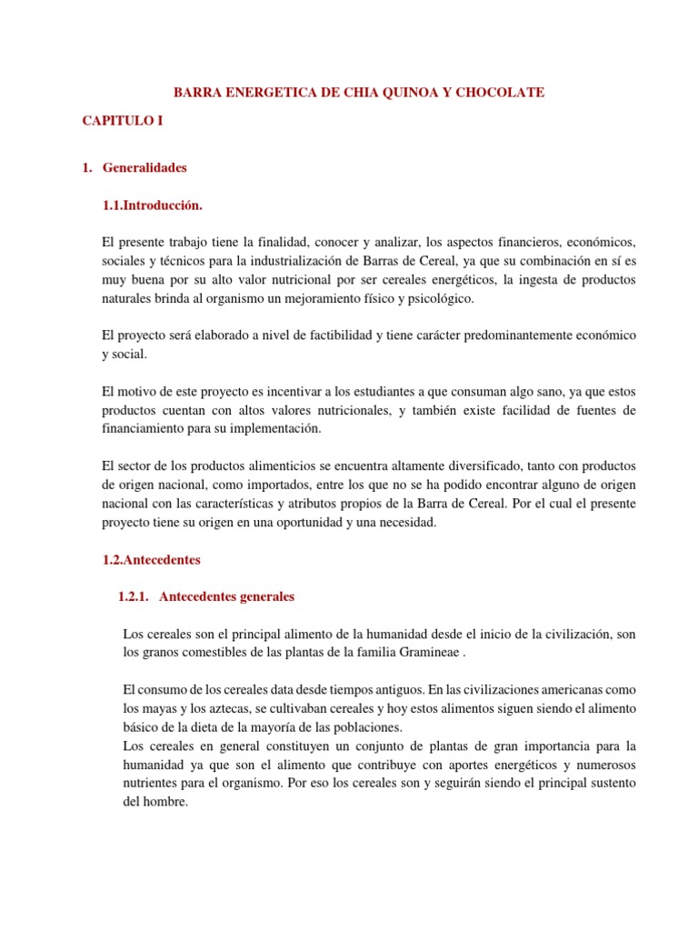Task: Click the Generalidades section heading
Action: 145,168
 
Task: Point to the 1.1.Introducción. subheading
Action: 153,205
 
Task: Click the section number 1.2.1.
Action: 135,597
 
